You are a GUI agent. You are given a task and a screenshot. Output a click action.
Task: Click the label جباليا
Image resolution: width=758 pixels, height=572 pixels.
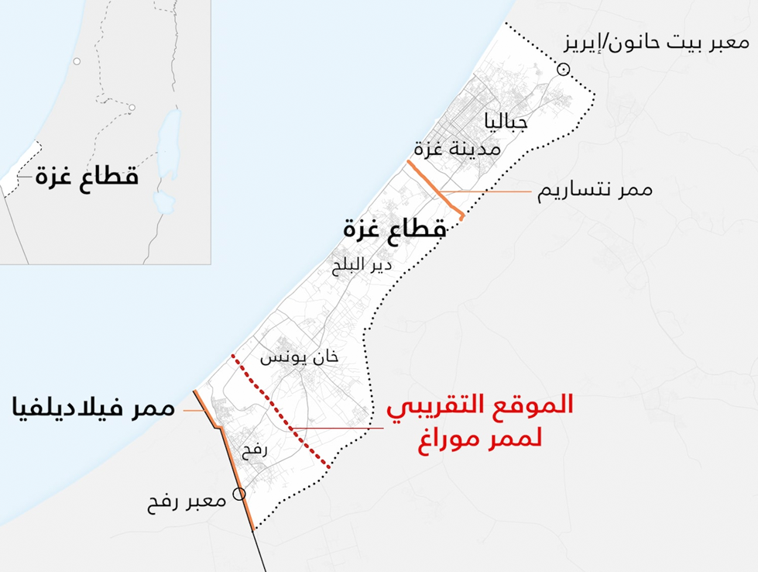click(506, 122)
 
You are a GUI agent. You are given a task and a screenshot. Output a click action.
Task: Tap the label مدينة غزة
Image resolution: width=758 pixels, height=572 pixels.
click(457, 147)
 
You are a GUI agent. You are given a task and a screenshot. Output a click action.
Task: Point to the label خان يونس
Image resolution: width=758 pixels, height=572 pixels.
click(299, 357)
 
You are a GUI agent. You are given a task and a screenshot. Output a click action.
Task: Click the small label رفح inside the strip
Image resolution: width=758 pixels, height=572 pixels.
click(254, 449)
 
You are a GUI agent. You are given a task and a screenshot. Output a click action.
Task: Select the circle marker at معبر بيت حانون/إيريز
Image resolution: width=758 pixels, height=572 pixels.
click(563, 71)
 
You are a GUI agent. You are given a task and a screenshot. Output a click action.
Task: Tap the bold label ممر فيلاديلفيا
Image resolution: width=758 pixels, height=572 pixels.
click(93, 407)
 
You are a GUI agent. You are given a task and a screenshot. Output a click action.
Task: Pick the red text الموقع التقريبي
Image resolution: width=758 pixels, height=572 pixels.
click(479, 407)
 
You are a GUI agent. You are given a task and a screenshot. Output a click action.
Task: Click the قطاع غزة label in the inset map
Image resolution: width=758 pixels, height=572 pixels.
click(86, 176)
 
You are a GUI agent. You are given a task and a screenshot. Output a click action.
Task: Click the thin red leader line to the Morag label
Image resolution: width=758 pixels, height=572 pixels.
click(341, 428)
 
